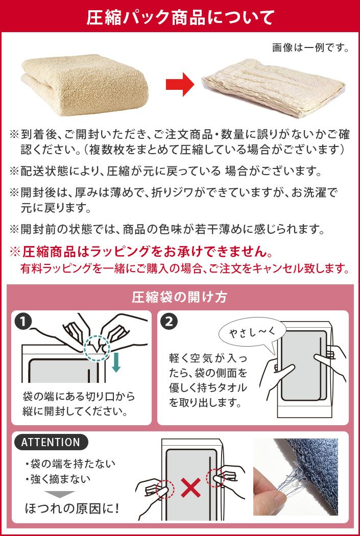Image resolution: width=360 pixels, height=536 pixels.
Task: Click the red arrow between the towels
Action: pyautogui.click(x=180, y=84)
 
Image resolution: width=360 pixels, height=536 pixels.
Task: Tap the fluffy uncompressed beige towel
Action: pyautogui.click(x=85, y=85)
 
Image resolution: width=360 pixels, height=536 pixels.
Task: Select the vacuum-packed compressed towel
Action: pyautogui.click(x=274, y=88)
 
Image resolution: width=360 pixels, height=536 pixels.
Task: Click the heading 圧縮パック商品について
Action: pyautogui.click(x=180, y=17)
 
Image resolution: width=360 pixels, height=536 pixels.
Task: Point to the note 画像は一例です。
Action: pyautogui.click(x=310, y=47)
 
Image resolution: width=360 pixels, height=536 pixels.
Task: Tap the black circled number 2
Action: pyautogui.click(x=170, y=321)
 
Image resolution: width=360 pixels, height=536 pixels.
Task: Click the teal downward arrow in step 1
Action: pyautogui.click(x=116, y=363)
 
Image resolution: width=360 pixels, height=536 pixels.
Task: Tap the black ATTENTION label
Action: pyautogui.click(x=51, y=443)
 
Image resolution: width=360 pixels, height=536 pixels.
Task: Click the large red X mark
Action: pyautogui.click(x=191, y=489)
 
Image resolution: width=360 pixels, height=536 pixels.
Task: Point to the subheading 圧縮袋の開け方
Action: pyautogui.click(x=180, y=297)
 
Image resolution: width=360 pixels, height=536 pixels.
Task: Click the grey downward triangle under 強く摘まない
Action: pyautogui.click(x=60, y=494)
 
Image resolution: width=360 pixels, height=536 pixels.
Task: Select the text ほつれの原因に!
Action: pyautogui.click(x=72, y=509)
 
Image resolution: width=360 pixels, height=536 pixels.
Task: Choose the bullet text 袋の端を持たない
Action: pyautogui.click(x=71, y=464)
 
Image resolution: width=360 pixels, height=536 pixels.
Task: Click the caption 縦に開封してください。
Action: pyautogui.click(x=76, y=410)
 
